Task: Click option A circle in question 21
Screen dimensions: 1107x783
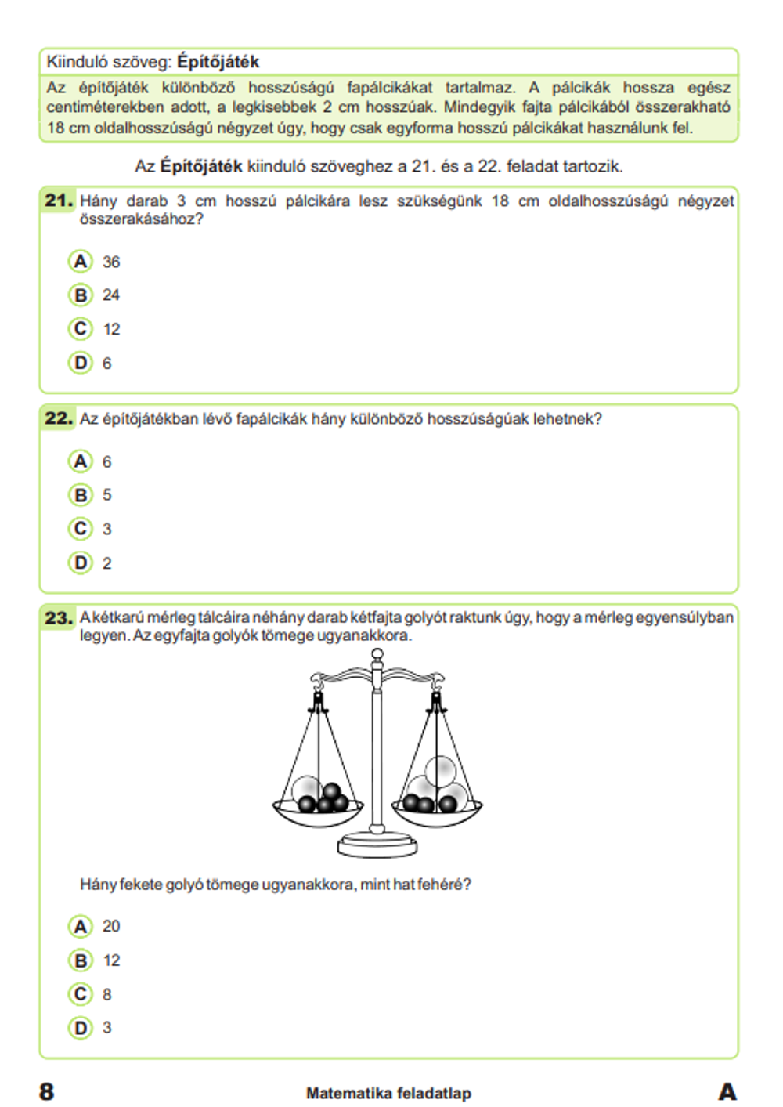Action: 81,262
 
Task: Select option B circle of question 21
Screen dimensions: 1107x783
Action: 81,295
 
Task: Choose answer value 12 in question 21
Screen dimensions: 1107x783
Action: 111,329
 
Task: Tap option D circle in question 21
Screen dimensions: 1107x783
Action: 81,363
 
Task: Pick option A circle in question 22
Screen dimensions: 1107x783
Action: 81,461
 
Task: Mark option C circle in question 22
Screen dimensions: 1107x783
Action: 81,529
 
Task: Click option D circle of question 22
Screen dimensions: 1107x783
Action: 81,563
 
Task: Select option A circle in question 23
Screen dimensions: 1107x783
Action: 81,927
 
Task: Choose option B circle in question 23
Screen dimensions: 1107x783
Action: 81,960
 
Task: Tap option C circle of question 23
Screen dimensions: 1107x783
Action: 81,994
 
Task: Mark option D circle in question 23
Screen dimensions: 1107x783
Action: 81,1028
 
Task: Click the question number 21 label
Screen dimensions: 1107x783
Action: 59,201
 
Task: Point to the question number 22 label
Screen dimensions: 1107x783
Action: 59,418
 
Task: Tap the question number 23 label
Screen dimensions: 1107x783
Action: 59,618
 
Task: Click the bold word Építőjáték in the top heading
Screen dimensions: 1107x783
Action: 218,62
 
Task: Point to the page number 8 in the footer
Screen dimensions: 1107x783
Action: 47,1091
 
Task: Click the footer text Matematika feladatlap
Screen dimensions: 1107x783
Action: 388,1093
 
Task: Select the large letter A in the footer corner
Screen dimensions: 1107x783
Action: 727,1091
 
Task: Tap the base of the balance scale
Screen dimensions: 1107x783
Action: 377,846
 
